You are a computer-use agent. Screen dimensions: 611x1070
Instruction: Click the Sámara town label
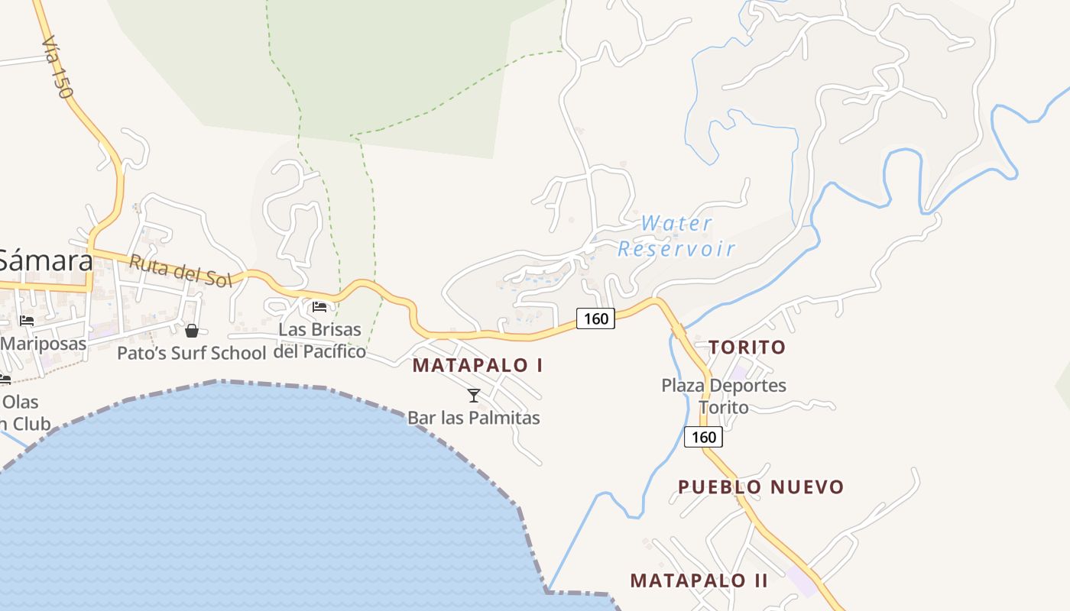click(46, 261)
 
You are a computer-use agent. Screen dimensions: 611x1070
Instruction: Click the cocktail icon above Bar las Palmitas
click(474, 395)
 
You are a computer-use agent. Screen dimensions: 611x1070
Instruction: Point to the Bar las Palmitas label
click(474, 418)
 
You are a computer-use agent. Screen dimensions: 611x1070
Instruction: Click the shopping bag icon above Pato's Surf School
click(191, 331)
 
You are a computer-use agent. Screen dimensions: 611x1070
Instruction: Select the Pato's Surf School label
click(191, 353)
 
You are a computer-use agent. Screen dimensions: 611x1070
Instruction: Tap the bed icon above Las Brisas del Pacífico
click(319, 307)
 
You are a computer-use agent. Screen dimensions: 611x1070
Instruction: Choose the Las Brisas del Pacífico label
click(320, 341)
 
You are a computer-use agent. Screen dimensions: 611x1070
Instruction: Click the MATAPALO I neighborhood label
click(478, 365)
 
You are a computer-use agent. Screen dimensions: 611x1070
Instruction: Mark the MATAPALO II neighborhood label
click(699, 580)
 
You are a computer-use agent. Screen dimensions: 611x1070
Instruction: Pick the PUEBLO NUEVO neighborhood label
click(761, 487)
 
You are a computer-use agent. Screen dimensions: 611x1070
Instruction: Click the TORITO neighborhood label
click(747, 348)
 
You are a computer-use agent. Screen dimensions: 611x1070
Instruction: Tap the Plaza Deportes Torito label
click(724, 396)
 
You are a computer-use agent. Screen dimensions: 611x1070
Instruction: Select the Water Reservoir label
click(676, 236)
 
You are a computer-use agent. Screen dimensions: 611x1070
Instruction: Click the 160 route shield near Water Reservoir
click(595, 318)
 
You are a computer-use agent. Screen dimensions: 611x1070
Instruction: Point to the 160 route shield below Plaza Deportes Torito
click(703, 437)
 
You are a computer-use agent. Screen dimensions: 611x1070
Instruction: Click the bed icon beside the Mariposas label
click(27, 321)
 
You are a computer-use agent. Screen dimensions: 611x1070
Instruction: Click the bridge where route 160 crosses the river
click(678, 331)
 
